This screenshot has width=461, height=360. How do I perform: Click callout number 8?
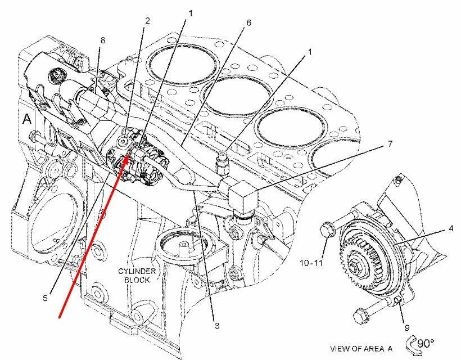pos(103,40)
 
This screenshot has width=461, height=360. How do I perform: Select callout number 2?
pos(147,21)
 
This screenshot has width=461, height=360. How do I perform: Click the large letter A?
pos(26,119)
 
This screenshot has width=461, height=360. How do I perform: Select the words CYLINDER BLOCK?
pos(134,275)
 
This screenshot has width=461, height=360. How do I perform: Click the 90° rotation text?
pos(426,343)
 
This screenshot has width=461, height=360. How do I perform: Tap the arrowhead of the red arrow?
pos(128,156)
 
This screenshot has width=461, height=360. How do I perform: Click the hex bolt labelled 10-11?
pos(327,229)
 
